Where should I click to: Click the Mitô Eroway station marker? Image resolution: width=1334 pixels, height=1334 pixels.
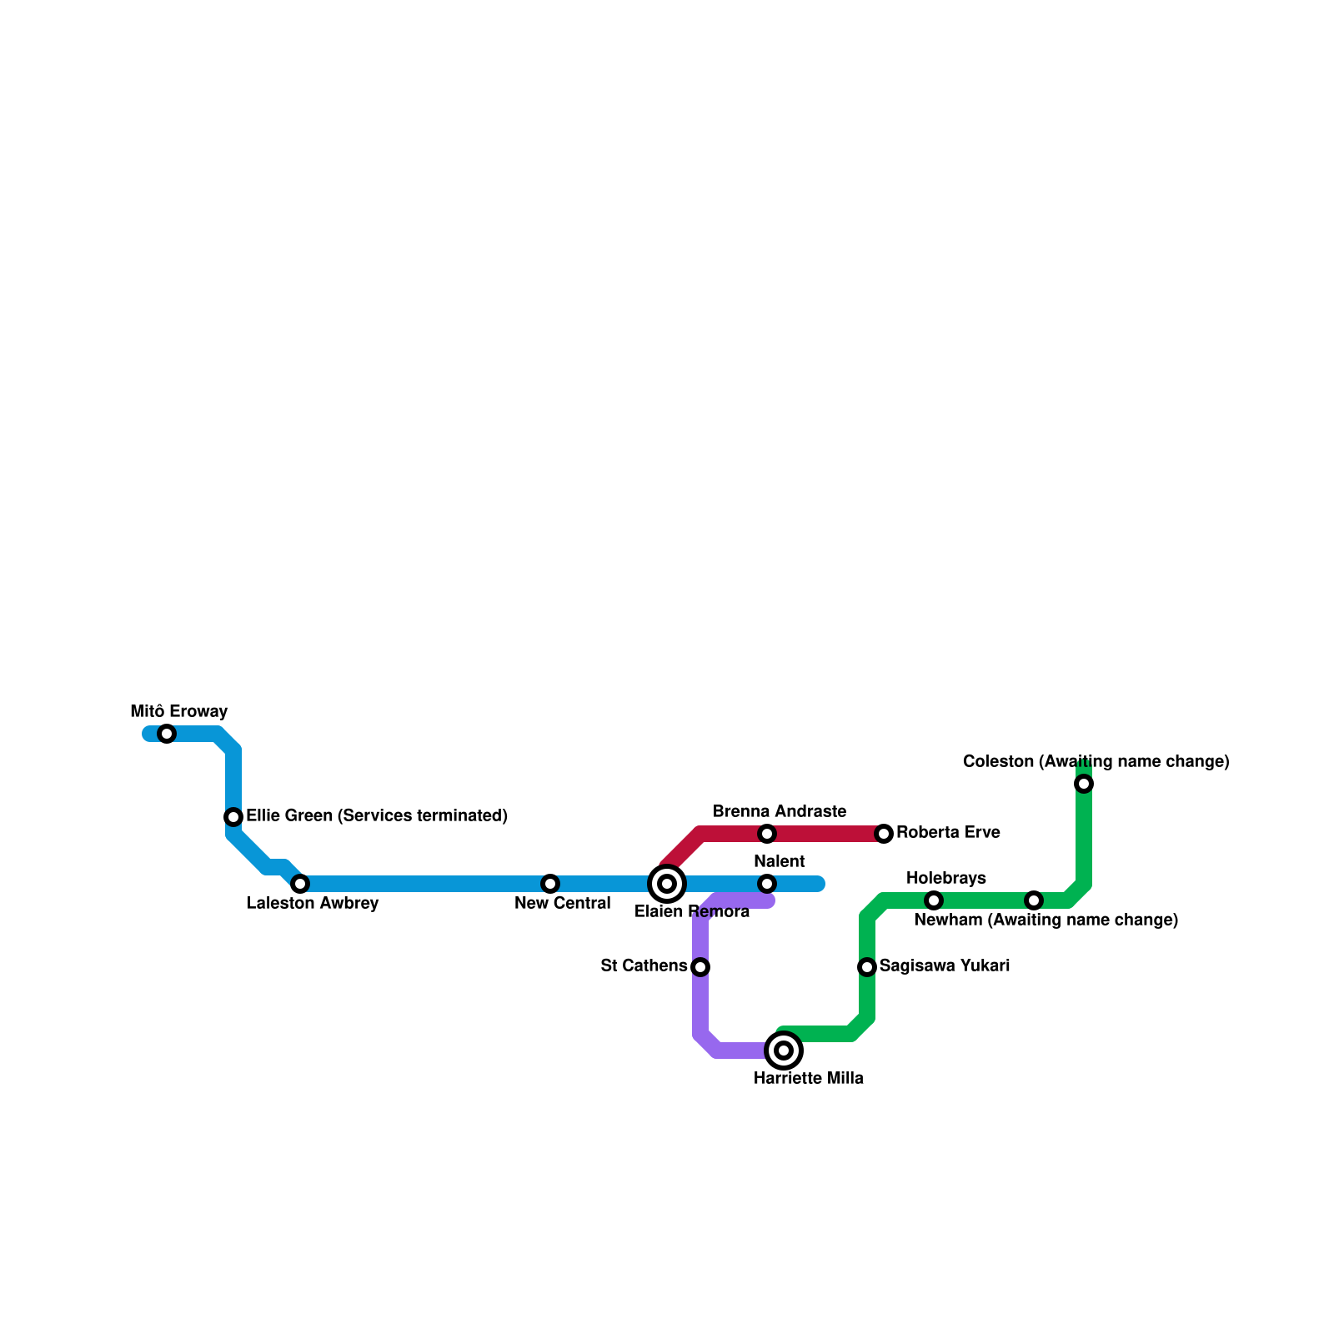point(167,734)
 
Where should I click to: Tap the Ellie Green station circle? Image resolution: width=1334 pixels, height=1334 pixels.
point(233,817)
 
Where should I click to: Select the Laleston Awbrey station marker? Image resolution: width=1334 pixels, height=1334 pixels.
point(300,884)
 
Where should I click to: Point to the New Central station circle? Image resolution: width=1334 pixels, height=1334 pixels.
point(550,884)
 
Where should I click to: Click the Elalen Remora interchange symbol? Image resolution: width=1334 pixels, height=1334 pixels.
point(667,884)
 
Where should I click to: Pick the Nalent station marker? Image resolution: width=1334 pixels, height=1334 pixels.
point(767,884)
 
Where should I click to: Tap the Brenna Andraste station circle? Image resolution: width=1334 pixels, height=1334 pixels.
point(767,834)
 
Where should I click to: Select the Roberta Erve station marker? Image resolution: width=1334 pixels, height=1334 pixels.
point(884,834)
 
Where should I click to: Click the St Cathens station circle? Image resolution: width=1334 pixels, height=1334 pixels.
point(700,967)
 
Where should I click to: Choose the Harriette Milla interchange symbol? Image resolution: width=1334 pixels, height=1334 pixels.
point(784,1051)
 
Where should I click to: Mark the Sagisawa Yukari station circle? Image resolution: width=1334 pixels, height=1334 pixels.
point(867,967)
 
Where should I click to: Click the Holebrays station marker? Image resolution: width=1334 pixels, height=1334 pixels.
point(934,900)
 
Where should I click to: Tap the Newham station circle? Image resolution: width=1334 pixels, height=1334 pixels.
point(1034,900)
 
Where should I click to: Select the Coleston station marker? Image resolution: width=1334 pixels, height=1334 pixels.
point(1084,784)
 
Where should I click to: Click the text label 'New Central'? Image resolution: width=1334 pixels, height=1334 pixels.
point(563,904)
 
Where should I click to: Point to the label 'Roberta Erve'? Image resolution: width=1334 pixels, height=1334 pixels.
point(948,833)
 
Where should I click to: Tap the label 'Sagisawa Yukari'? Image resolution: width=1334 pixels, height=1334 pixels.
point(945,966)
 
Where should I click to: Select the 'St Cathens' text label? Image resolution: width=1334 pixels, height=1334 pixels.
point(644,966)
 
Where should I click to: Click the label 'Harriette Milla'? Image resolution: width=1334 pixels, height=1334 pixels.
point(808,1079)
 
